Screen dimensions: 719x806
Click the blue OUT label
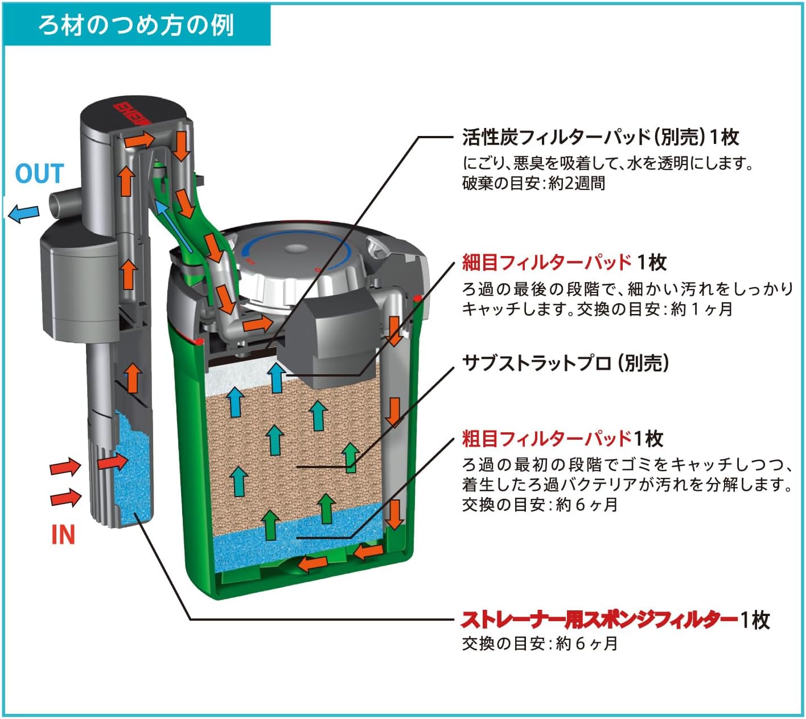pyautogui.click(x=39, y=174)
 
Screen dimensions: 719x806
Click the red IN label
pyautogui.click(x=63, y=535)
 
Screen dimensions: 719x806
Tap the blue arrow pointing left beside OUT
pyautogui.click(x=23, y=214)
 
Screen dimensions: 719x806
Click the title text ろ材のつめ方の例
pyautogui.click(x=136, y=26)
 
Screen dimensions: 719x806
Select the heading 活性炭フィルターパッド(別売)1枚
pyautogui.click(x=601, y=137)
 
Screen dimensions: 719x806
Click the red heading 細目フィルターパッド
pyautogui.click(x=546, y=262)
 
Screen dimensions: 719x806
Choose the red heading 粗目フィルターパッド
pyautogui.click(x=546, y=439)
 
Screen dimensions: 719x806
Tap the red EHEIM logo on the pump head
pyautogui.click(x=132, y=114)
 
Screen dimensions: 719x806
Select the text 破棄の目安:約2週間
pyautogui.click(x=533, y=184)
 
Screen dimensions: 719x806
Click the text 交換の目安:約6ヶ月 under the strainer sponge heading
pyautogui.click(x=540, y=644)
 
